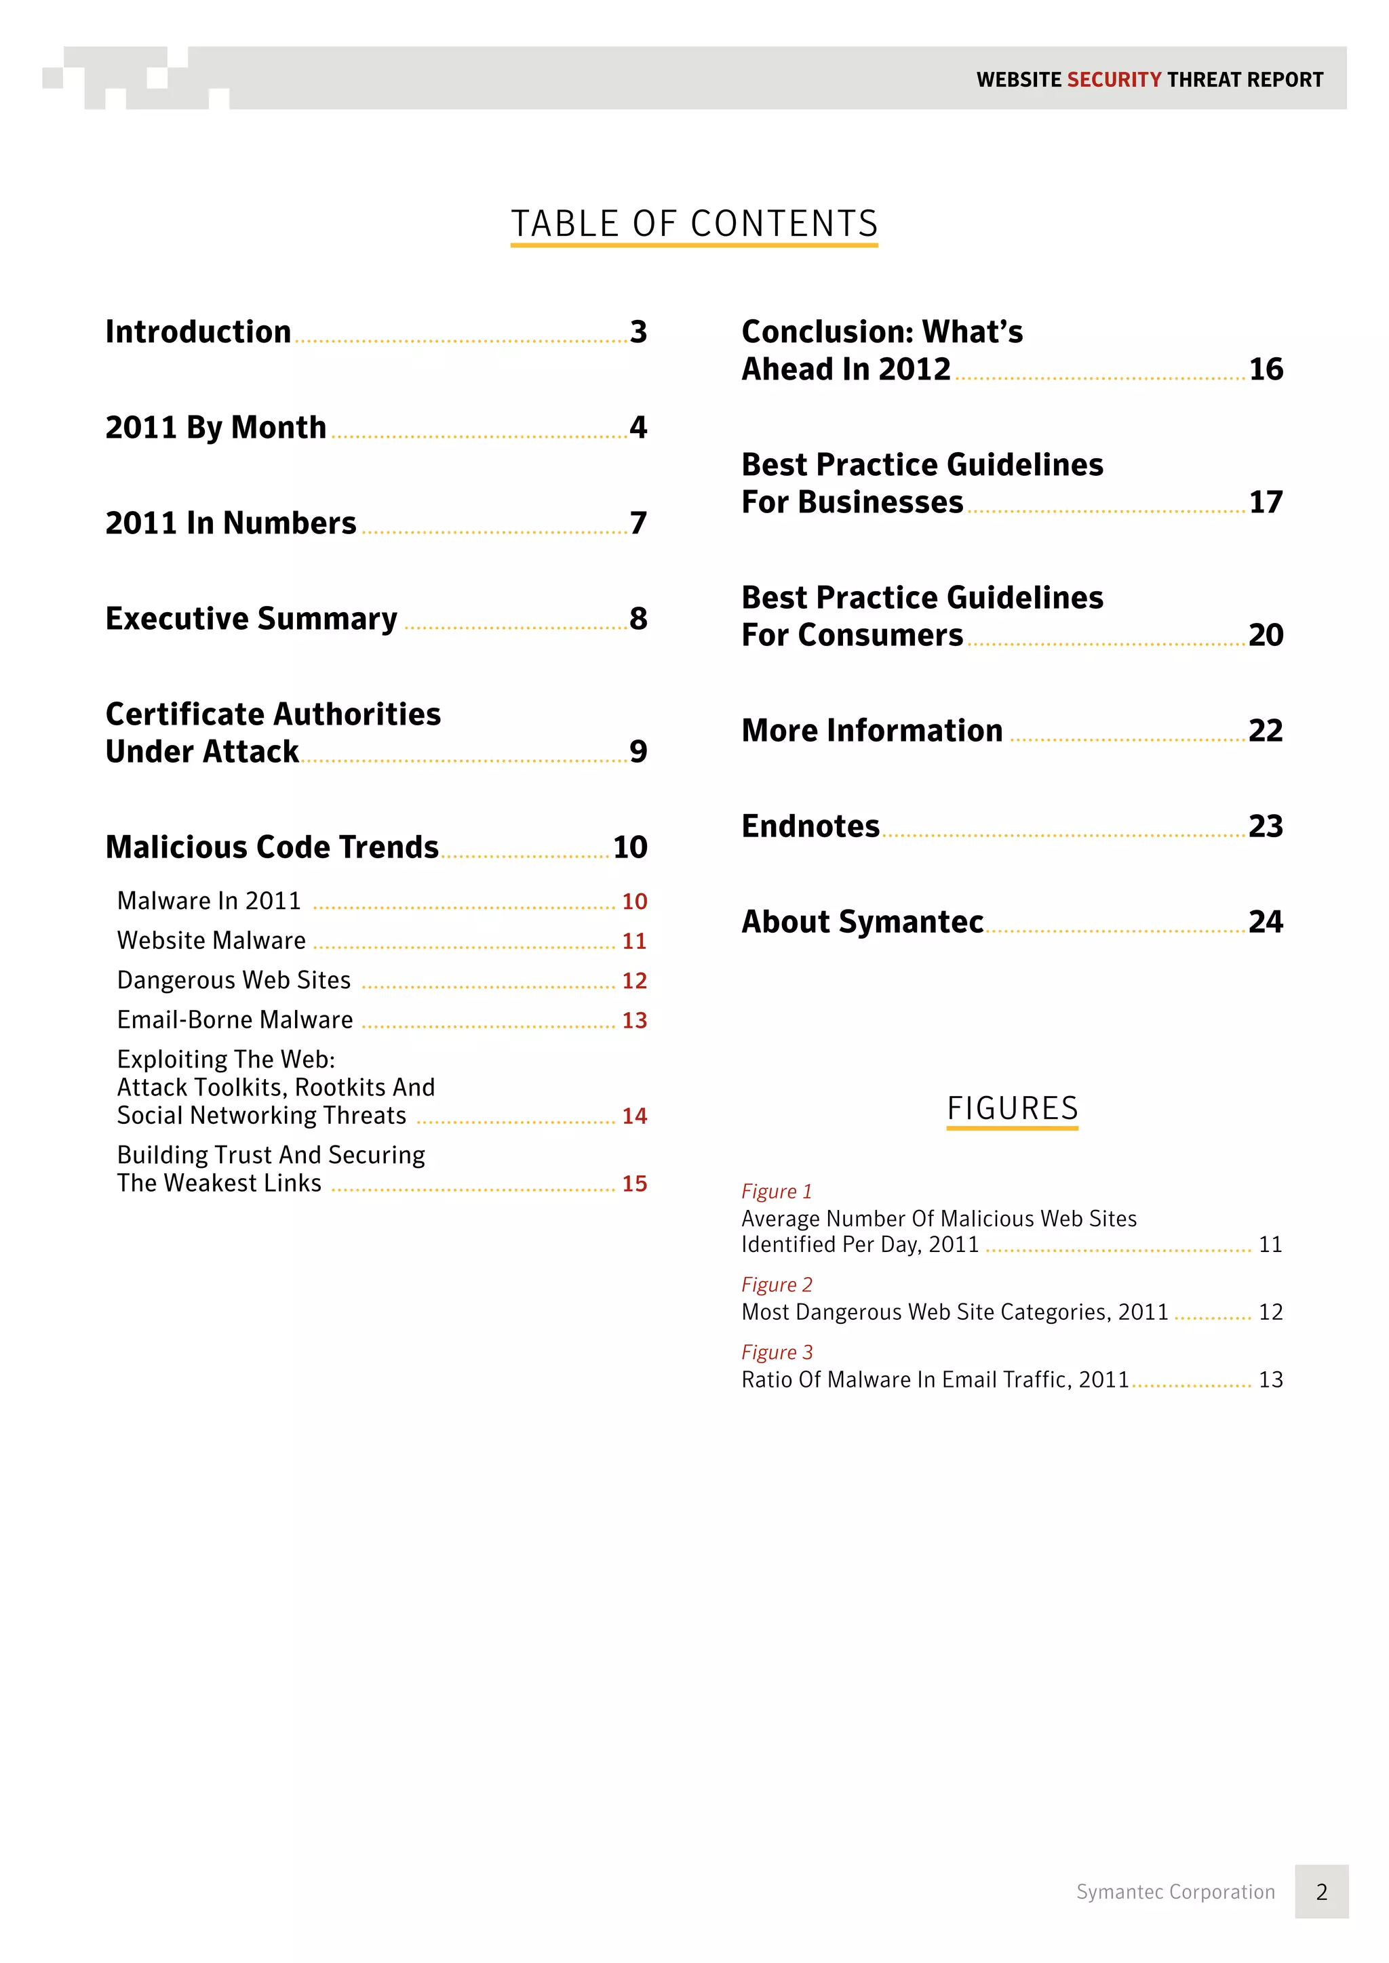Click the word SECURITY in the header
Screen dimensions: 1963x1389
tap(1114, 79)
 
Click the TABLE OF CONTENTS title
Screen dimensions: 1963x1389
tap(694, 224)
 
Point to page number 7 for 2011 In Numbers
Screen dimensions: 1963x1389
tap(638, 523)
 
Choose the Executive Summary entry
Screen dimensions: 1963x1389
tap(252, 618)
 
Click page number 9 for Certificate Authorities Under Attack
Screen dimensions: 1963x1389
tap(638, 752)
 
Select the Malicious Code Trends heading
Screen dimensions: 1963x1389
tap(272, 847)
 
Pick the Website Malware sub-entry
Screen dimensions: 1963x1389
tap(211, 940)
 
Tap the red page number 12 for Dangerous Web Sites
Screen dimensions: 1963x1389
tap(633, 981)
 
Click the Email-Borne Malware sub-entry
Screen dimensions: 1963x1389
tap(235, 1020)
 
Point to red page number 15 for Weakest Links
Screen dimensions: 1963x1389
tap(633, 1184)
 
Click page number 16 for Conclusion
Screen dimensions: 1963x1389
tap(1266, 369)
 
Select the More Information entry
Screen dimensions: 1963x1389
tap(872, 731)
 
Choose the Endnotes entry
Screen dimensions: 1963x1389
tap(810, 827)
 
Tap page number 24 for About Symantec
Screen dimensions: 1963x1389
tap(1266, 922)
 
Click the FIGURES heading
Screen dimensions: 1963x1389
tap(1013, 1109)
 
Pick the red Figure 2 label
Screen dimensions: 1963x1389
tap(777, 1285)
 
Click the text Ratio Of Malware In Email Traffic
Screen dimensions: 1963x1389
tap(935, 1380)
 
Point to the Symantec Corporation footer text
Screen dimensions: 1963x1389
tap(1175, 1892)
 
